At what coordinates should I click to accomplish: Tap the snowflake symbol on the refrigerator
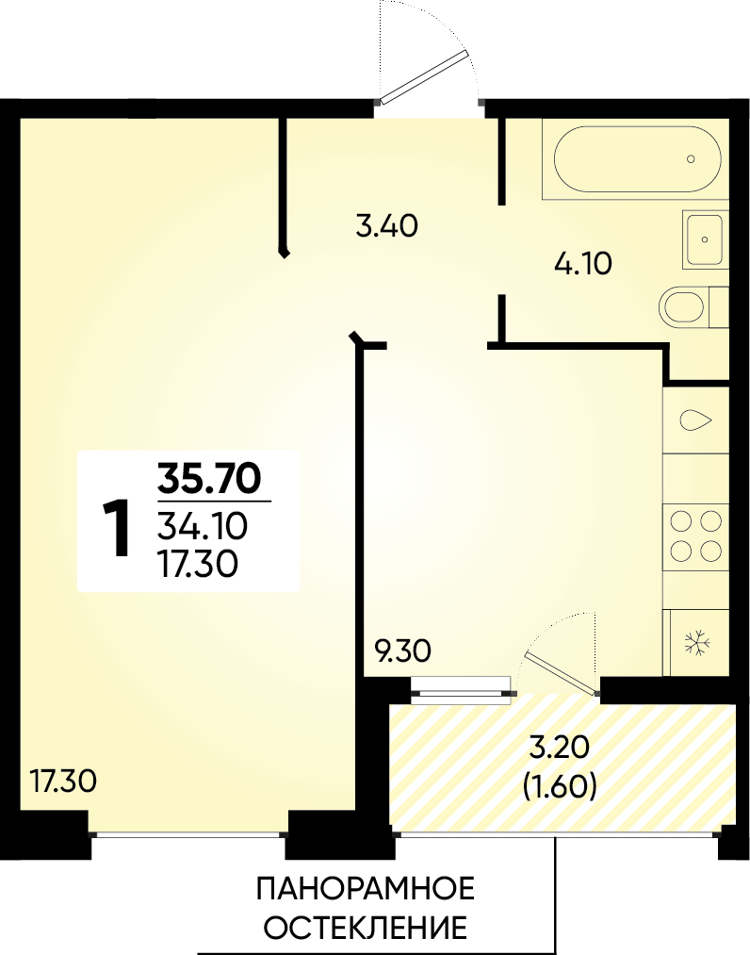coord(697,643)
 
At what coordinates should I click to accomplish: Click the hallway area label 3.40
coord(387,226)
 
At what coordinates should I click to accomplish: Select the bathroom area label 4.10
coord(583,264)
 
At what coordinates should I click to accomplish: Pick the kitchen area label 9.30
coord(403,651)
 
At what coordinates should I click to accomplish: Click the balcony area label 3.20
coord(560,749)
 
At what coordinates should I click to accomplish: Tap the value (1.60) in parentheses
coord(560,787)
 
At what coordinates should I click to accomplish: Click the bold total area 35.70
coord(209,478)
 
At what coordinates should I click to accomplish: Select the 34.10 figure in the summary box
coord(203,526)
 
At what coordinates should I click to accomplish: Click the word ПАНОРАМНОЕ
coord(366,889)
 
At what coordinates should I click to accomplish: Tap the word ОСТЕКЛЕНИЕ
coord(367,927)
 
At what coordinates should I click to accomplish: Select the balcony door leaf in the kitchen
coord(562,674)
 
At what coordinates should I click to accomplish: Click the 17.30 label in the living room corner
coord(63,782)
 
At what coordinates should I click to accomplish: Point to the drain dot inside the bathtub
coord(691,159)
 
